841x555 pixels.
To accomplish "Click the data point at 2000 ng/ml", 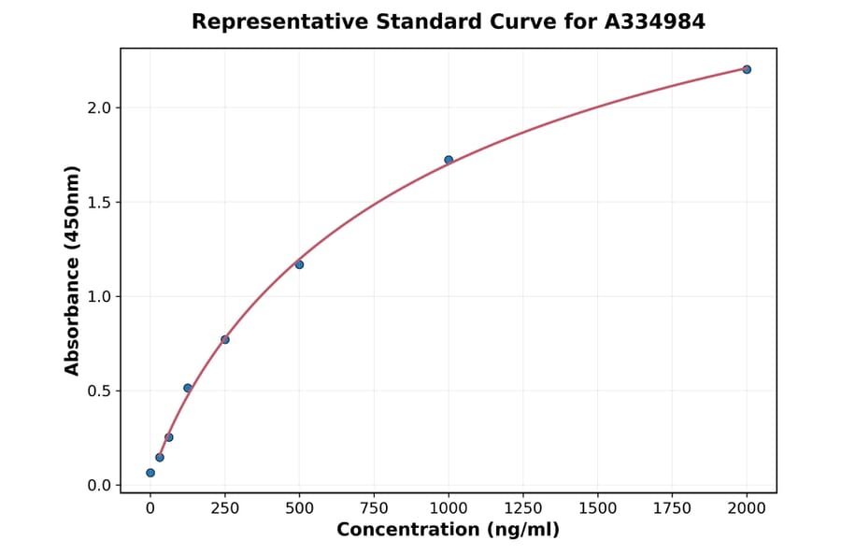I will (747, 69).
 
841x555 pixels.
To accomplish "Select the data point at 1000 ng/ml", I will (449, 160).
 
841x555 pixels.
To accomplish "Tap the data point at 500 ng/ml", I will (299, 264).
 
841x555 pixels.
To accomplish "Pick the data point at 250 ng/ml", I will (225, 339).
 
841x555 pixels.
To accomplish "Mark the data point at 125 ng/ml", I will (188, 388).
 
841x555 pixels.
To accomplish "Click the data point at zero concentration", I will (150, 473).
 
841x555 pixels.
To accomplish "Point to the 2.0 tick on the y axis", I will (99, 107).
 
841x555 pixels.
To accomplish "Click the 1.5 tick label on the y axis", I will (99, 202).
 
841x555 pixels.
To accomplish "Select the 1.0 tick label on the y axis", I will (99, 296).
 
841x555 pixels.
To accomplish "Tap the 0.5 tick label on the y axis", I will (99, 391).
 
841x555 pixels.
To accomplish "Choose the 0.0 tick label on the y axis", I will (99, 485).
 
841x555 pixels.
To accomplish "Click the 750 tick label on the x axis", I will (374, 508).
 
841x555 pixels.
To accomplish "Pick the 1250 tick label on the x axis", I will (523, 508).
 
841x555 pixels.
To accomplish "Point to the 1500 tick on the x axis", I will (598, 508).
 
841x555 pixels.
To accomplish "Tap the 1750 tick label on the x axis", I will (672, 508).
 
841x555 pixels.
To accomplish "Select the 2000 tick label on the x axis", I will (747, 508).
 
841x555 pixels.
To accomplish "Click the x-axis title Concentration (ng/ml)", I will (449, 530).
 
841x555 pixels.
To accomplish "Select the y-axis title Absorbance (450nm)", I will (73, 270).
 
